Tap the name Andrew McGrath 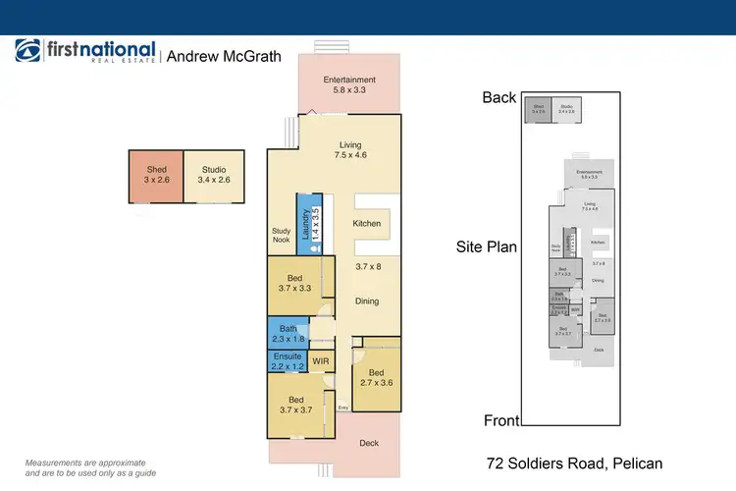click(x=224, y=57)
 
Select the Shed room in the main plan click(x=156, y=177)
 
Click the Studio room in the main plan click(x=213, y=177)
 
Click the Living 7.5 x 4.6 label click(x=350, y=150)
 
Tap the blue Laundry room click(x=304, y=225)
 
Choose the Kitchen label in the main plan click(x=367, y=224)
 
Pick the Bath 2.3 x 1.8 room click(x=288, y=334)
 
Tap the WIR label click(x=320, y=361)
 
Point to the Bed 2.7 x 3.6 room click(x=377, y=377)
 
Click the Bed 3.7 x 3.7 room click(x=295, y=405)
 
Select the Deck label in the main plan click(x=369, y=443)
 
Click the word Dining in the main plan click(x=368, y=301)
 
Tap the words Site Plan click(x=487, y=247)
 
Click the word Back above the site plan click(x=499, y=96)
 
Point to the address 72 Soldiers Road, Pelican click(x=575, y=463)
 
